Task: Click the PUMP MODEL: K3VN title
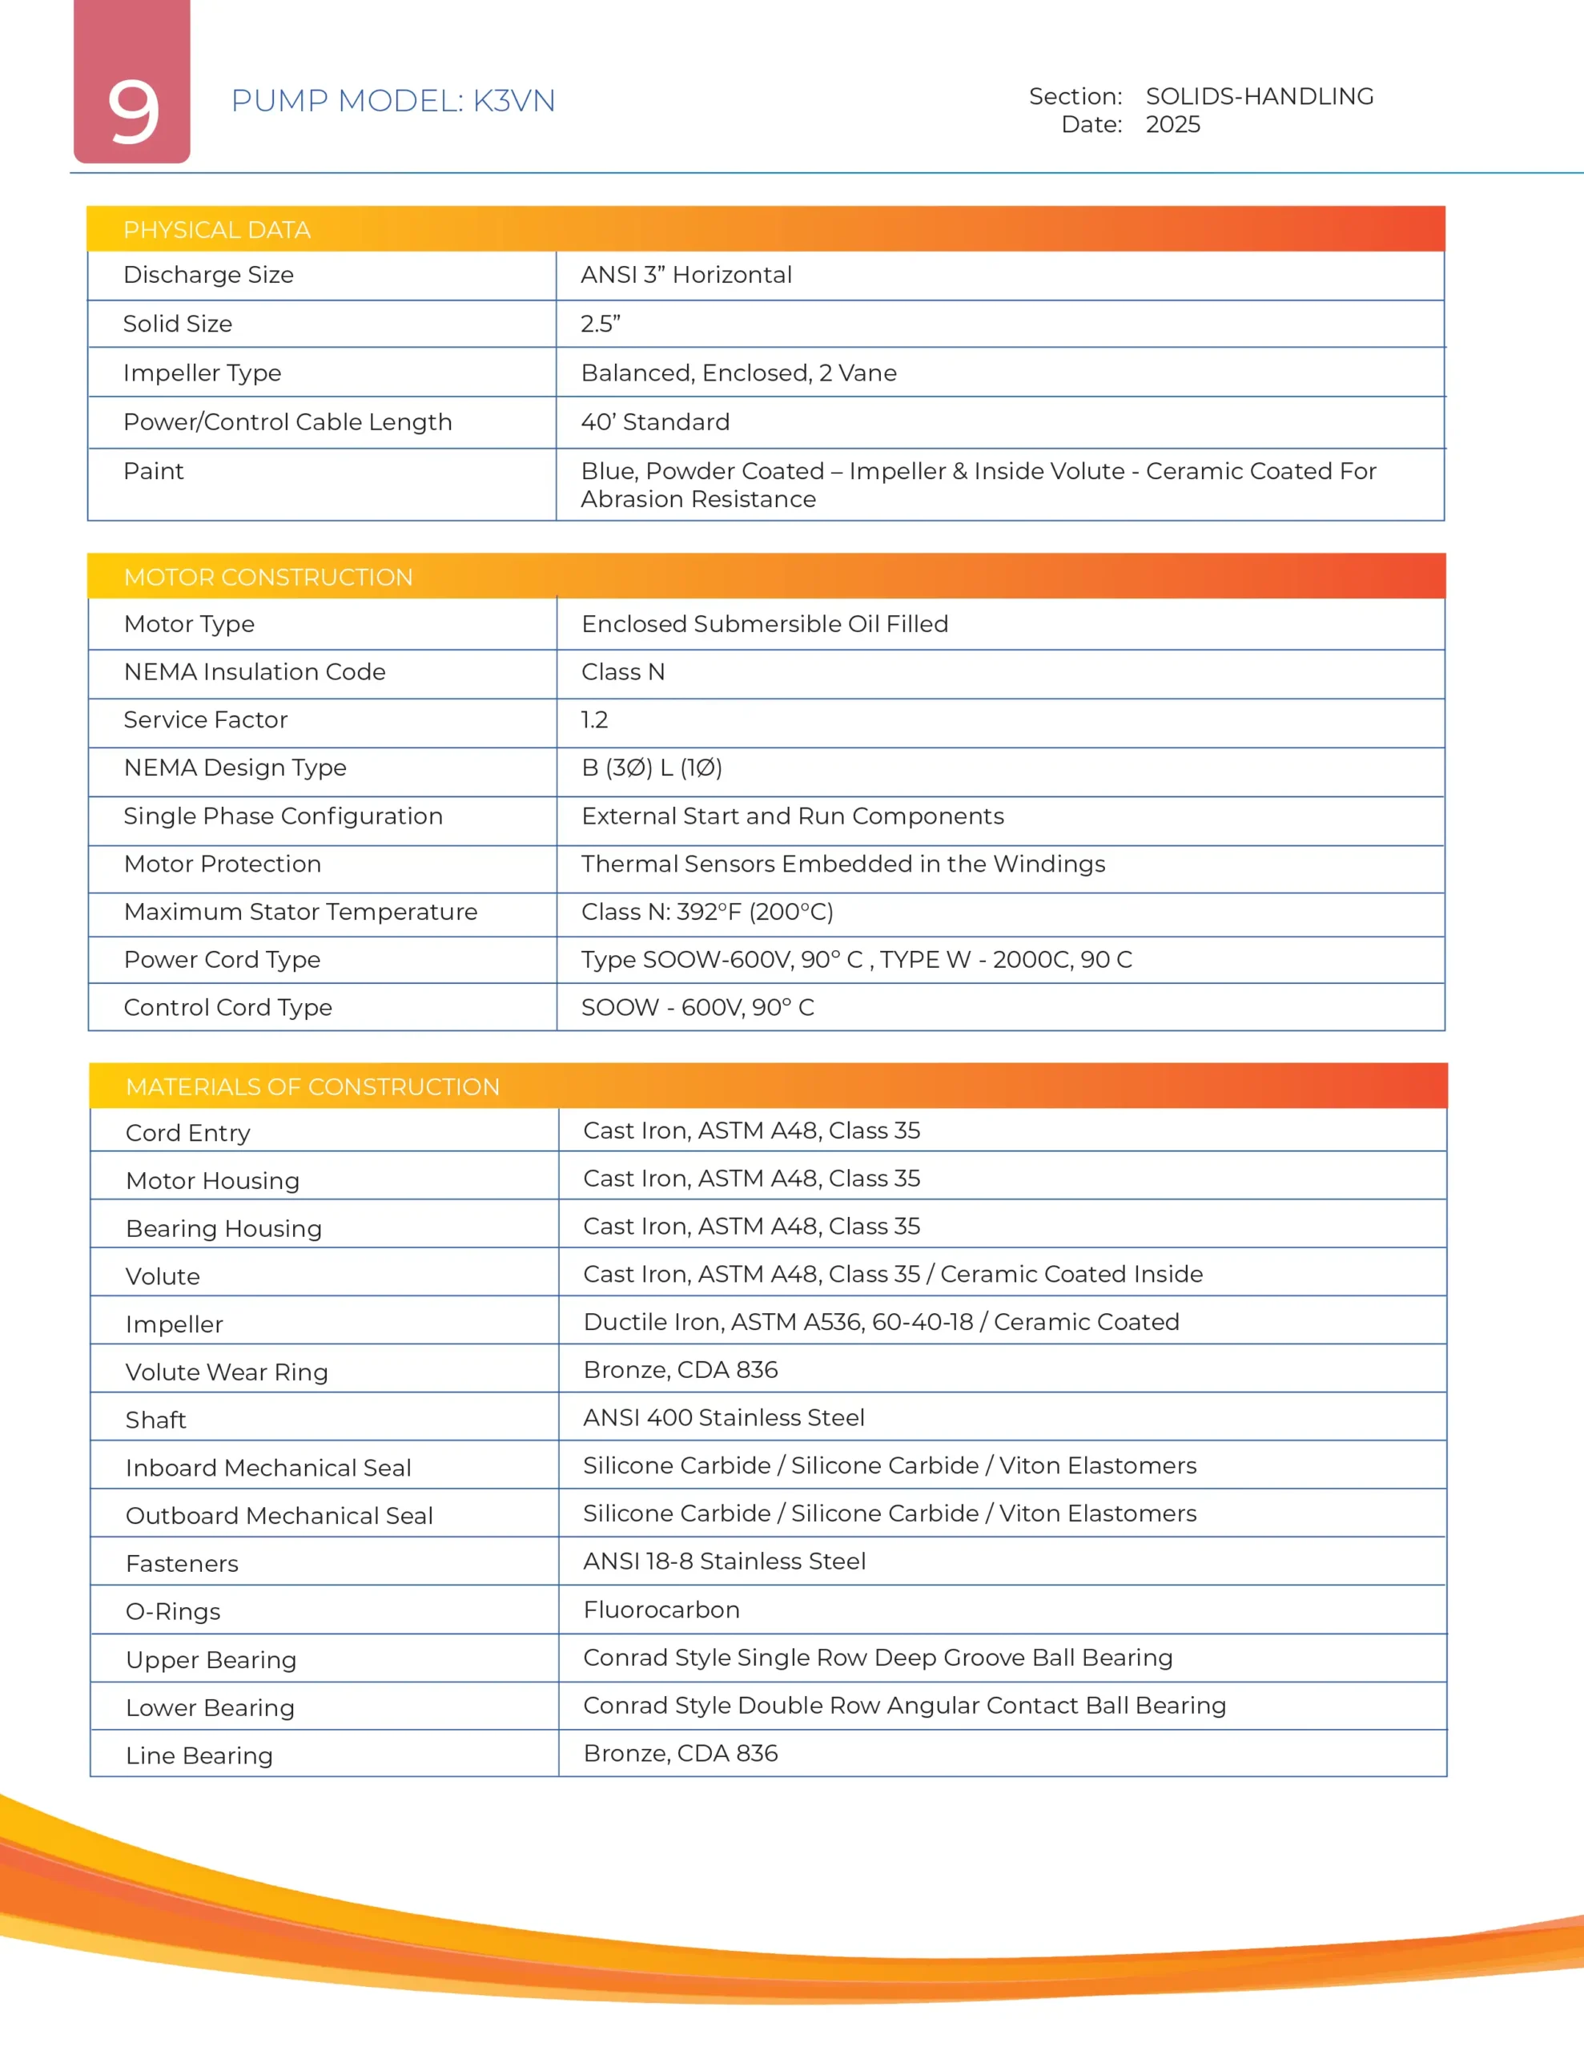tap(392, 100)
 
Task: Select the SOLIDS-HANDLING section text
tap(1258, 96)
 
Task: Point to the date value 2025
tap(1172, 125)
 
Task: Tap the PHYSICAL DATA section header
tap(217, 230)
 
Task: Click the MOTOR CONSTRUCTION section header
tap(267, 577)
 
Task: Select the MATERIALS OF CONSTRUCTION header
tap(312, 1086)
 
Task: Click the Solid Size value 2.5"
tap(600, 324)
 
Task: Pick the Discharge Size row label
tap(208, 275)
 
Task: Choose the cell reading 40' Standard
tap(654, 421)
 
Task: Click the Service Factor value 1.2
tap(594, 719)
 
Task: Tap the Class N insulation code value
tap(622, 671)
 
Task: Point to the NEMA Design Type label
tap(235, 768)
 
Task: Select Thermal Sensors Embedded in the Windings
tap(842, 864)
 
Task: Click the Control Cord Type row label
tap(227, 1007)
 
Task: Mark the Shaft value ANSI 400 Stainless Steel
tap(723, 1417)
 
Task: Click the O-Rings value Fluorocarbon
tap(661, 1610)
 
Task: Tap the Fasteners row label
tap(181, 1564)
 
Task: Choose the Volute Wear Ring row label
tap(227, 1372)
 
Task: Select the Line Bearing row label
tap(199, 1755)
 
